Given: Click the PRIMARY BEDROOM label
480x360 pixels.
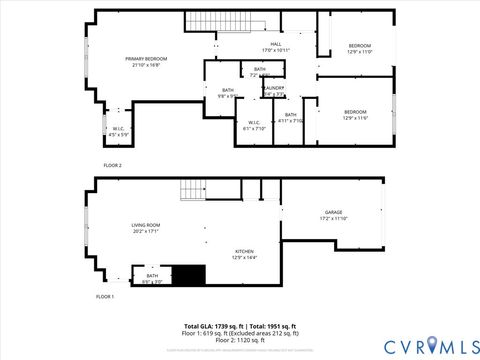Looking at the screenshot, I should (146, 60).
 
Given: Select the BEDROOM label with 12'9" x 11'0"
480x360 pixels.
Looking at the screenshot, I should (359, 46).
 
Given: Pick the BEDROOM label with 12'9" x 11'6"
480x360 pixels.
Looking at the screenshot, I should (355, 112).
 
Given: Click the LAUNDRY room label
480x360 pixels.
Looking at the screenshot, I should (274, 88).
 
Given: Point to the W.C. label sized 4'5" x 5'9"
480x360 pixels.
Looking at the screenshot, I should (118, 129).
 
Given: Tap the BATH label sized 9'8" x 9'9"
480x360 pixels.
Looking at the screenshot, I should (227, 91).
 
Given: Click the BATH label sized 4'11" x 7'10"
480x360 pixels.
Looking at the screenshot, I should (290, 116).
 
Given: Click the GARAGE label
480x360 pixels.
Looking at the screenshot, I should (332, 213).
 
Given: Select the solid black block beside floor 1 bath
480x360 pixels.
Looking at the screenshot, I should (188, 274).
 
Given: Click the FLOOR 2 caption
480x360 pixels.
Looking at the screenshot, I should (113, 164).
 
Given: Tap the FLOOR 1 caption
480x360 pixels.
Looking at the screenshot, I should (105, 297).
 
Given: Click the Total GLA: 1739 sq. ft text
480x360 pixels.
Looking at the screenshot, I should (214, 326).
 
